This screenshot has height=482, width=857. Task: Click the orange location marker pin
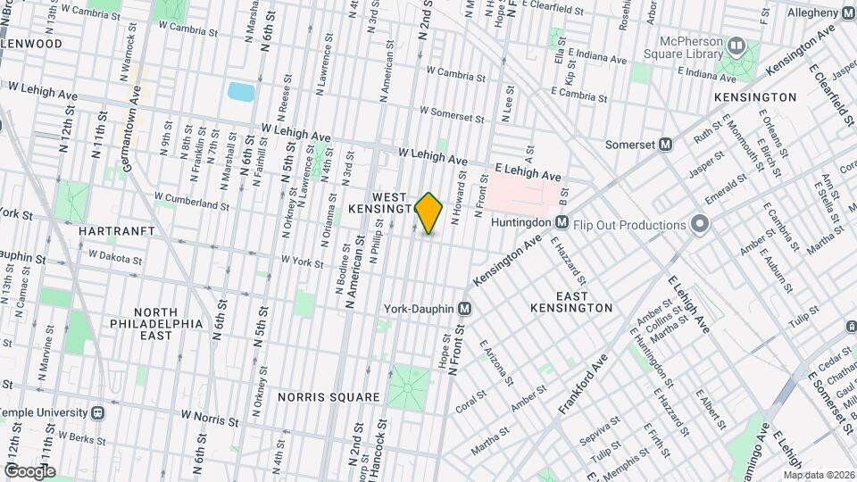[x=429, y=213]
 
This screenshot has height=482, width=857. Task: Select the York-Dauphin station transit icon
[x=464, y=308]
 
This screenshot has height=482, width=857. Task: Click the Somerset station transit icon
[x=665, y=145]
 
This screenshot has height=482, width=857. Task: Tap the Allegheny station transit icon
[x=847, y=12]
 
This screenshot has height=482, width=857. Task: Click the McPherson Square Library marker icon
[x=737, y=45]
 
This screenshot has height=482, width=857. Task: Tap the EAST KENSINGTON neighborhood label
[x=570, y=302]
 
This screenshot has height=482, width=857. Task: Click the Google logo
[x=29, y=470]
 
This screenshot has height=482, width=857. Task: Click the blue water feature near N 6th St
[x=240, y=91]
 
